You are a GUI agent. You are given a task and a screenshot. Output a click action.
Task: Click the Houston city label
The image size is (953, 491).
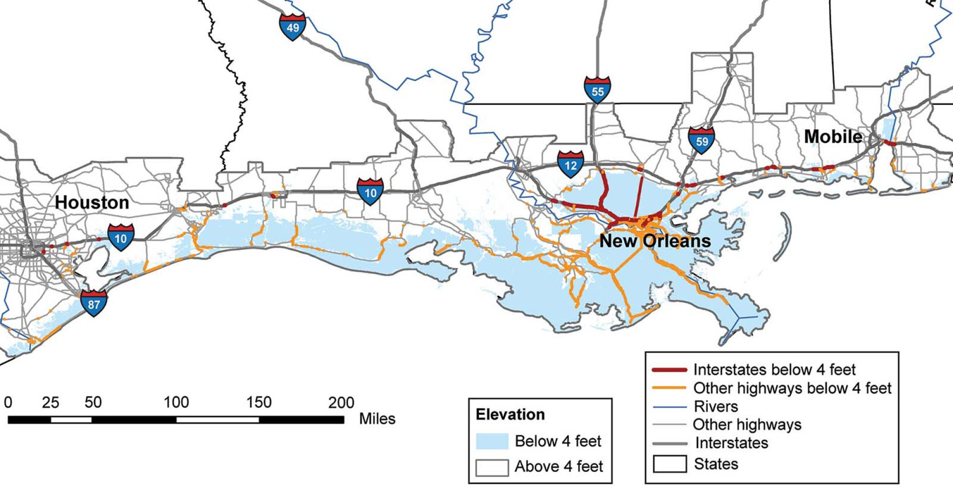pos(92,202)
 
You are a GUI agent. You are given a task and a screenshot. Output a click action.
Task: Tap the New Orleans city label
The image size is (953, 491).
pos(655,240)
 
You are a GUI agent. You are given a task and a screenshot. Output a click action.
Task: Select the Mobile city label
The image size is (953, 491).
pos(833,137)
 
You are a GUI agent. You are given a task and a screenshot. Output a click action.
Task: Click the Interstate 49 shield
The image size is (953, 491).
pos(292,27)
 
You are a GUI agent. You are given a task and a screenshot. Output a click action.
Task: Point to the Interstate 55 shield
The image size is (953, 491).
pos(597,90)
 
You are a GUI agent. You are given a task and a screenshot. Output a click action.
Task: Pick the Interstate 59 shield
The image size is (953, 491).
pos(701,140)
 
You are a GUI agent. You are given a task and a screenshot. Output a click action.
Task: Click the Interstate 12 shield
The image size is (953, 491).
pos(570,165)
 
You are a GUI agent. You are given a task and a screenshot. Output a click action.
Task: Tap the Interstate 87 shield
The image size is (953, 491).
pos(93,303)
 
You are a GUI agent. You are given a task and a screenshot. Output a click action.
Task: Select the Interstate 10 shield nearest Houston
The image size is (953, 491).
pos(121,238)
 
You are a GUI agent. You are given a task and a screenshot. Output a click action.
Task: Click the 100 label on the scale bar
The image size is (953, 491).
pos(176,402)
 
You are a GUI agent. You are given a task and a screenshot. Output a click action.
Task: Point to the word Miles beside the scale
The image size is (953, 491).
pos(377,419)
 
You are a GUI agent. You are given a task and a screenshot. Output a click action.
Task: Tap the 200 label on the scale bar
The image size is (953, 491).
pos(341,402)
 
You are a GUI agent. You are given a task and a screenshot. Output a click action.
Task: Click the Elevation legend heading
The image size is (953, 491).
pos(510,414)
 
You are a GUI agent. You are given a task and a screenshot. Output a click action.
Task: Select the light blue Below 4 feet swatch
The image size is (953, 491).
pos(492,441)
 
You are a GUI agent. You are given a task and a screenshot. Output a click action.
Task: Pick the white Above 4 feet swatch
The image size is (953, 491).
pos(492,467)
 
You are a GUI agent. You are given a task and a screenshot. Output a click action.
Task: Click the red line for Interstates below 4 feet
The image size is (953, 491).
pos(669,370)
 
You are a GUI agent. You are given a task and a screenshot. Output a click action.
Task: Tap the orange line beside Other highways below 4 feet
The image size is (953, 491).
pos(669,388)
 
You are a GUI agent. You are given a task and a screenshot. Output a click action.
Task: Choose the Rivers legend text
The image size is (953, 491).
pos(716,406)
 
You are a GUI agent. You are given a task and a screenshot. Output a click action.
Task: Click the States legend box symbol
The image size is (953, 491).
pos(669,464)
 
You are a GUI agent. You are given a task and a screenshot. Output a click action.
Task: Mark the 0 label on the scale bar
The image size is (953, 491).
pos(8,402)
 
